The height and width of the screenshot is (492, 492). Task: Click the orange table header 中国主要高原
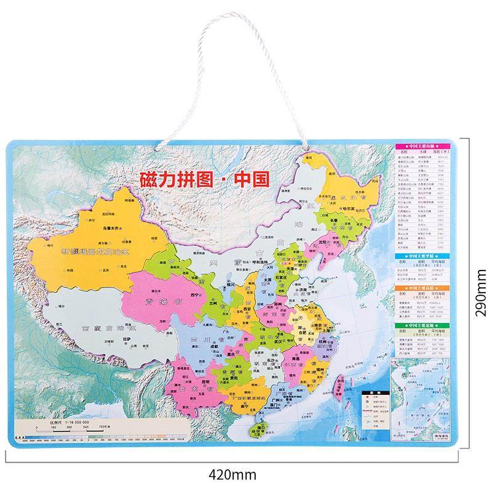click(424, 287)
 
